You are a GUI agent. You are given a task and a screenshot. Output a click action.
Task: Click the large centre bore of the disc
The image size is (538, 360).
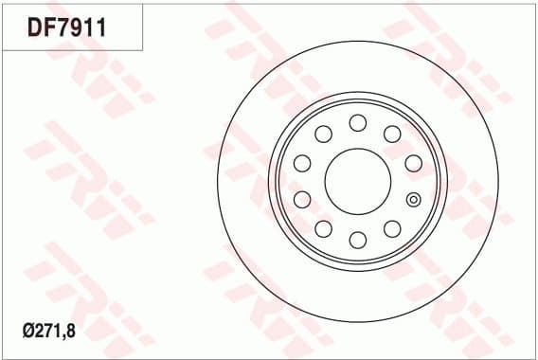tap(357, 180)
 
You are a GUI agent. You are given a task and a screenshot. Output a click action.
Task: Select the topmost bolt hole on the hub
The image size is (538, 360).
tap(357, 122)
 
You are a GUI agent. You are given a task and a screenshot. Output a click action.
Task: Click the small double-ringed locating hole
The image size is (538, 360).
tap(413, 199)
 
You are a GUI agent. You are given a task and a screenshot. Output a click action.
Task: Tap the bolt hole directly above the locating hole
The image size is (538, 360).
tap(412, 163)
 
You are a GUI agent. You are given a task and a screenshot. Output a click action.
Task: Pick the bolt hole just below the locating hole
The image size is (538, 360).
tap(391, 227)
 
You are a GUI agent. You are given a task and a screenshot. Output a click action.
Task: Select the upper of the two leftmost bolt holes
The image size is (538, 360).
tap(302, 163)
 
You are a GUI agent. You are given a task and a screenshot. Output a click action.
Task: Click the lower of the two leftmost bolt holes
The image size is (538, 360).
tap(302, 198)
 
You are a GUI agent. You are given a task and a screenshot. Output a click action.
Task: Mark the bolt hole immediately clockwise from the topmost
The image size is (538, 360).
tap(391, 134)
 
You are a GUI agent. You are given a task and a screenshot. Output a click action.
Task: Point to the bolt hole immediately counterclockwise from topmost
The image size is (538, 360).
tap(323, 134)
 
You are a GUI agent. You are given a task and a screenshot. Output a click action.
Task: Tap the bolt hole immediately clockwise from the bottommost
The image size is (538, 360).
tap(323, 227)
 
